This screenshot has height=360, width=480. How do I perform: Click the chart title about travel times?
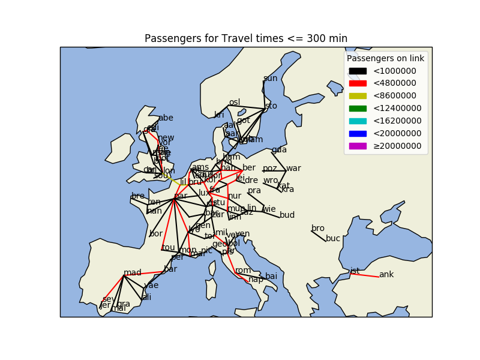pos(246,39)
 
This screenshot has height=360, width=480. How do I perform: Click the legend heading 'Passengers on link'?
pos(385,58)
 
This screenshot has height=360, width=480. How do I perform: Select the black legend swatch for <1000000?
pos(358,71)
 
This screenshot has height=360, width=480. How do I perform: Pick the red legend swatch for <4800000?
pos(358,83)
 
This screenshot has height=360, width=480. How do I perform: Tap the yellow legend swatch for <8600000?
pos(358,96)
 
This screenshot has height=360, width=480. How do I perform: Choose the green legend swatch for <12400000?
pos(358,109)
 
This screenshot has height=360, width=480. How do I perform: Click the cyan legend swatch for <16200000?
pos(358,121)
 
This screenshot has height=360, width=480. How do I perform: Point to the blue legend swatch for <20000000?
pos(358,133)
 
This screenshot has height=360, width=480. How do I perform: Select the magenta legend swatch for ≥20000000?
pos(358,146)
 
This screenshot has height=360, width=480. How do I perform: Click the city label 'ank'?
pos(386,275)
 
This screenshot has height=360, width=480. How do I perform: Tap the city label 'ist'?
pos(355,271)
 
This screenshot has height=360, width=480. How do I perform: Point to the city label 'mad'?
pos(133,273)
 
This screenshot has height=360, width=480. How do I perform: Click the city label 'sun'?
pos(271,79)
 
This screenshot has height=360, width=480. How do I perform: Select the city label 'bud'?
pos(287,215)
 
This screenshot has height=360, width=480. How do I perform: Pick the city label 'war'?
pos(293,168)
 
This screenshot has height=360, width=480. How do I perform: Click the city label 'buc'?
pos(333,238)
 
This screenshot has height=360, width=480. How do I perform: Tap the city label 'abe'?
pos(166,118)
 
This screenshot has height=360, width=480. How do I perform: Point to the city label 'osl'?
pos(235,103)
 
